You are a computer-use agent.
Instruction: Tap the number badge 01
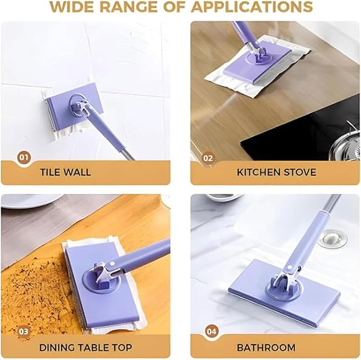click(x=24, y=157)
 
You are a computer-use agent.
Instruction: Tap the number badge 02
click(x=207, y=158)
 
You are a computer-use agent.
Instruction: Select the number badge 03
click(x=24, y=331)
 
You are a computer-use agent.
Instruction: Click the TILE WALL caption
click(x=65, y=172)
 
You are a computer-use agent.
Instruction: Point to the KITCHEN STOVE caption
click(x=276, y=172)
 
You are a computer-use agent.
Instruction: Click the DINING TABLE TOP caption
click(x=86, y=348)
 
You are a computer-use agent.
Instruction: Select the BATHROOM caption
click(x=266, y=348)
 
